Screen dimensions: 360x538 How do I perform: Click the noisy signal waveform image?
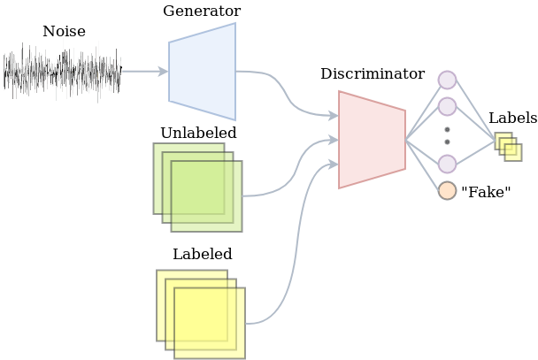click(63, 71)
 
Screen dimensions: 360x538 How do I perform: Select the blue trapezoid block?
click(203, 72)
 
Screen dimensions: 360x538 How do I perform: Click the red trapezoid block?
click(372, 139)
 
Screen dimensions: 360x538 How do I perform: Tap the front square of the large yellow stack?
click(210, 323)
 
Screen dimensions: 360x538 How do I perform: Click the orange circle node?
click(447, 190)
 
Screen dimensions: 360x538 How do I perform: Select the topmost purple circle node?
click(447, 80)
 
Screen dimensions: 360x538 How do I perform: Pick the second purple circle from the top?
click(447, 107)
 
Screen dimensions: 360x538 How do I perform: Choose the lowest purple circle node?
click(447, 164)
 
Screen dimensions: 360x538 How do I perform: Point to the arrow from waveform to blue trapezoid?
click(144, 71)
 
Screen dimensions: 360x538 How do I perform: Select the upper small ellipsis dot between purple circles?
click(447, 130)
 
